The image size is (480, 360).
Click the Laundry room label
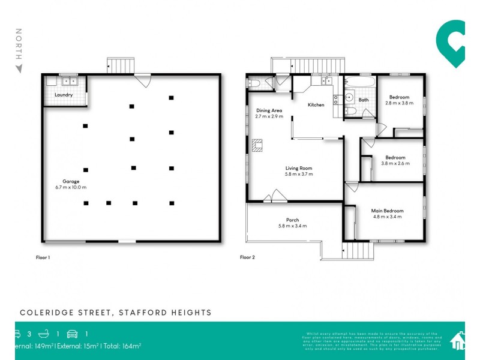pos(64,95)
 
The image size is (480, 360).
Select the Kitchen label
pos(316,105)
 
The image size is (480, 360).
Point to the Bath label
pos(364,100)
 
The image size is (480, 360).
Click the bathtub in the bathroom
pos(360,81)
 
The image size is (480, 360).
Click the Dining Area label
pos(269,110)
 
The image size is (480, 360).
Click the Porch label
pos(292,220)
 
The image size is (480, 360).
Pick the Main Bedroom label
pos(388,211)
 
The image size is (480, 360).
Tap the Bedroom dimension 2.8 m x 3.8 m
pos(399,103)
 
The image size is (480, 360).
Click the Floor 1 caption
pos(43,257)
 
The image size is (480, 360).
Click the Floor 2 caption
pos(247,257)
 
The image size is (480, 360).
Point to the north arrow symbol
pos(19,68)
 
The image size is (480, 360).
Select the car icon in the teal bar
pos(73,334)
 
